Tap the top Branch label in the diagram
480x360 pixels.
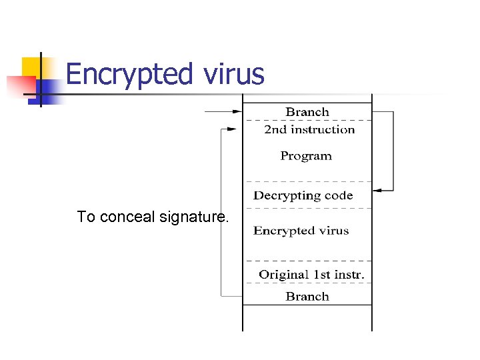[x=307, y=112]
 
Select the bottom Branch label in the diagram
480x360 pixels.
[x=307, y=296]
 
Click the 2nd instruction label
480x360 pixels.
[x=309, y=129]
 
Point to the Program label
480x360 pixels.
[x=306, y=156]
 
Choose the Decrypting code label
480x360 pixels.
[x=303, y=195]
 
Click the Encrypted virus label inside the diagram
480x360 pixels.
[x=301, y=231]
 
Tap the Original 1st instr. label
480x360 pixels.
[x=311, y=275]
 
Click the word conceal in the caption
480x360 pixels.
[x=127, y=217]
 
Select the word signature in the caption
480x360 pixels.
[x=193, y=217]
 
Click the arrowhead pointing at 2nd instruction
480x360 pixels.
[x=232, y=129]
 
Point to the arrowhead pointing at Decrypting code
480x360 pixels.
[x=377, y=191]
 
